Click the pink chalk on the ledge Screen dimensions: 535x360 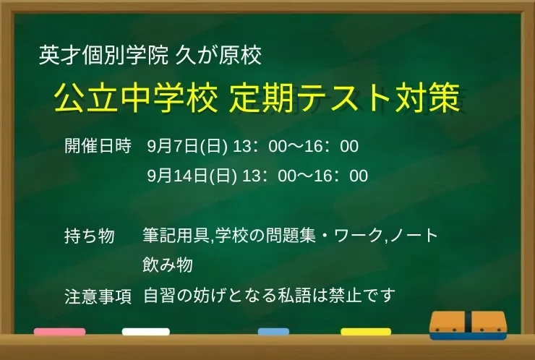pyautogui.click(x=60, y=332)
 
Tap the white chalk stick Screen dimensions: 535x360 pyautogui.click(x=146, y=332)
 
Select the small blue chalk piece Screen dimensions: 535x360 pyautogui.click(x=273, y=332)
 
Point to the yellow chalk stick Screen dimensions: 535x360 pyautogui.click(x=366, y=332)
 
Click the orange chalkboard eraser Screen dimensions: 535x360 pyautogui.click(x=468, y=325)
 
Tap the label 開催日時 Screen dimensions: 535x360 pyautogui.click(x=98, y=146)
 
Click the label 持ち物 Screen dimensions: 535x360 pyautogui.click(x=90, y=236)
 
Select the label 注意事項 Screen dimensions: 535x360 pyautogui.click(x=98, y=296)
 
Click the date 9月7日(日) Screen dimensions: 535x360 pyautogui.click(x=187, y=147)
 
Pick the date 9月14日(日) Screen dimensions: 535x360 pyautogui.click(x=192, y=176)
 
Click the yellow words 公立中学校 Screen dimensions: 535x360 pyautogui.click(x=136, y=98)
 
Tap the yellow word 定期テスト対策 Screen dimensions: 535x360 pyautogui.click(x=345, y=98)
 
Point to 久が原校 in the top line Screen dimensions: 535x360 pyautogui.click(x=218, y=55)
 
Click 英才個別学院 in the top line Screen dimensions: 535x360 pyautogui.click(x=103, y=55)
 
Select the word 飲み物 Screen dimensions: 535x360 pyautogui.click(x=168, y=265)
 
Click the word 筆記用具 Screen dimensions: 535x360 pyautogui.click(x=176, y=236)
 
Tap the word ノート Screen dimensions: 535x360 pyautogui.click(x=414, y=236)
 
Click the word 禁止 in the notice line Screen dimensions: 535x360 pyautogui.click(x=345, y=296)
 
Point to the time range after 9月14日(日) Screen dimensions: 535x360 pyautogui.click(x=305, y=176)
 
